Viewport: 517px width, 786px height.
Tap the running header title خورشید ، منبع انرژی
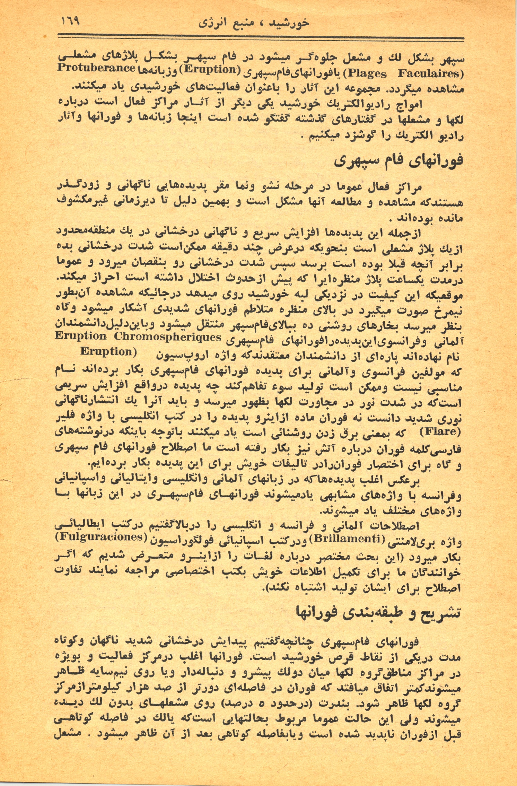tap(254, 23)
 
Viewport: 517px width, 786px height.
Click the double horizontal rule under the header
tap(260, 38)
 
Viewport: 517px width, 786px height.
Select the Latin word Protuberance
tap(96, 68)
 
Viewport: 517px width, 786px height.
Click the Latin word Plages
tap(367, 74)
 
